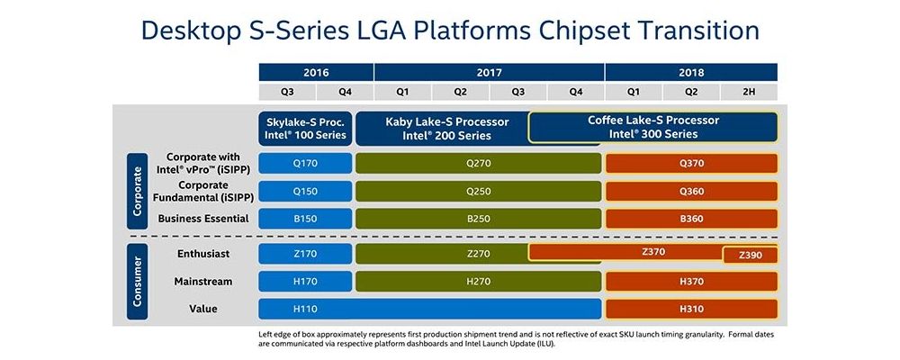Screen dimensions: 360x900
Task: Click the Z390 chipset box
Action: pyautogui.click(x=750, y=255)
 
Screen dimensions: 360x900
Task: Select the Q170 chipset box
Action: pyautogui.click(x=305, y=163)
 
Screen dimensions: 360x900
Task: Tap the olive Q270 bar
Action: pyautogui.click(x=478, y=163)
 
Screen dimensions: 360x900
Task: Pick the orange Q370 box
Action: pyautogui.click(x=691, y=163)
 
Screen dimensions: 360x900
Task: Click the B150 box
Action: pyautogui.click(x=305, y=219)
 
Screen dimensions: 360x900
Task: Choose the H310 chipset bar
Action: pyautogui.click(x=691, y=309)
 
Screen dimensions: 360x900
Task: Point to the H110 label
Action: pyautogui.click(x=305, y=309)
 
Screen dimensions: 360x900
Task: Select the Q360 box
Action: pyautogui.click(x=691, y=191)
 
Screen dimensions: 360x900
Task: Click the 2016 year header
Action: pyautogui.click(x=316, y=72)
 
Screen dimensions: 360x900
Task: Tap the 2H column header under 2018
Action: pyautogui.click(x=749, y=91)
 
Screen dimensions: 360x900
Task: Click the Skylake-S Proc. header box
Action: pyautogui.click(x=305, y=128)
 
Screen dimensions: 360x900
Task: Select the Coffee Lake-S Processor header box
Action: pyautogui.click(x=653, y=127)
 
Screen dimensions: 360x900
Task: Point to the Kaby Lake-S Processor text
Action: pyautogui.click(x=447, y=121)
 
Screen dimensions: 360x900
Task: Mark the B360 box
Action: pyautogui.click(x=691, y=219)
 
